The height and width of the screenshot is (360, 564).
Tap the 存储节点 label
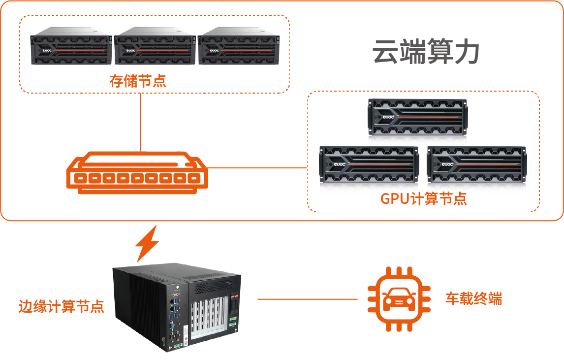(138, 81)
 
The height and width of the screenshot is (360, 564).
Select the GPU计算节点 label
(423, 199)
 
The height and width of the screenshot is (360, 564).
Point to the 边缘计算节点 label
(62, 306)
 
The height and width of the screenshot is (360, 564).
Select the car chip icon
(399, 299)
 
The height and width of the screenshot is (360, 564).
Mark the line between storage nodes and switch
(140, 123)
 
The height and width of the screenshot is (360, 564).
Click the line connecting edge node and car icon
(308, 299)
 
